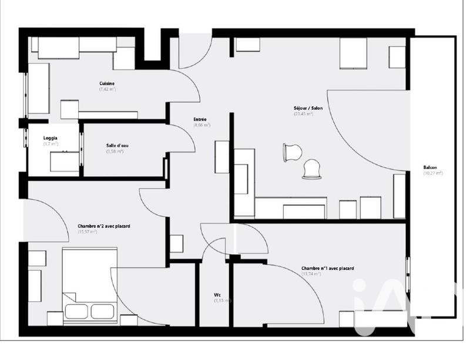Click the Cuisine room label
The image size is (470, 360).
[107, 84]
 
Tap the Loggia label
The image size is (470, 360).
[50, 139]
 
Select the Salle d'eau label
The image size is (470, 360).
[115, 146]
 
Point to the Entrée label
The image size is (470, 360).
[200, 120]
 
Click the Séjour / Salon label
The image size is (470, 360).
[303, 109]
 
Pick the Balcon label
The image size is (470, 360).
[430, 168]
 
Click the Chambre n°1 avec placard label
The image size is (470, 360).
[327, 268]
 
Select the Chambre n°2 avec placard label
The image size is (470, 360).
[103, 226]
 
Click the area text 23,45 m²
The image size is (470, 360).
[303, 114]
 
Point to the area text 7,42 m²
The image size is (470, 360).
[107, 89]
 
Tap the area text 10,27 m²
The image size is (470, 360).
[432, 173]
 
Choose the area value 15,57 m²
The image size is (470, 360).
[88, 231]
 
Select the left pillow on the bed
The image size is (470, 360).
[76, 311]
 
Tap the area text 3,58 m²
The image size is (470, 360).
[115, 152]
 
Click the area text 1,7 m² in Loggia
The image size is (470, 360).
[50, 144]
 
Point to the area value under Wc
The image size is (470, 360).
[222, 300]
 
